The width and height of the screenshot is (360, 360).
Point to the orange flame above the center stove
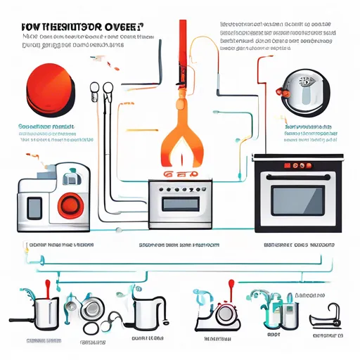(x=181, y=141)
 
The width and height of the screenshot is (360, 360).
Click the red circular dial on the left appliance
(x=71, y=205)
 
